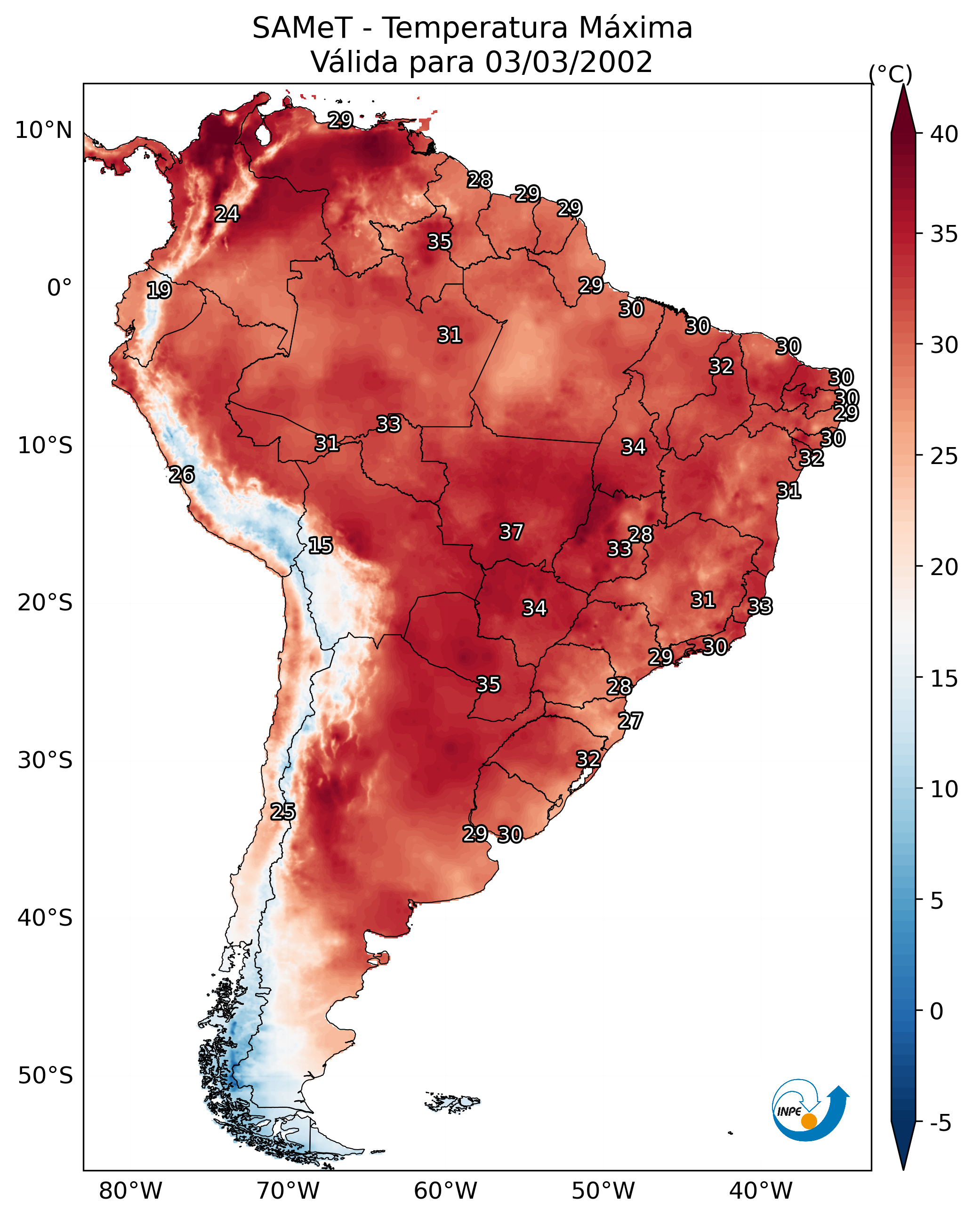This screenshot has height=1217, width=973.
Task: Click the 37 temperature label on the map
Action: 511,532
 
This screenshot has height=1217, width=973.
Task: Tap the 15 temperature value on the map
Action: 320,545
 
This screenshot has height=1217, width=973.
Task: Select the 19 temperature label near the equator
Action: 159,290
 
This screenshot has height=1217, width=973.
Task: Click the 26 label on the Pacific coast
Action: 182,475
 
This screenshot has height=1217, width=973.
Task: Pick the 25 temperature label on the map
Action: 282,812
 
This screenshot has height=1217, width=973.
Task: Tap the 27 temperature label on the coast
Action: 630,721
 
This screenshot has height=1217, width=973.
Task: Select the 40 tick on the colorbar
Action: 944,134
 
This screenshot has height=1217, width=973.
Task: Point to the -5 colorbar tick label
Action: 940,1123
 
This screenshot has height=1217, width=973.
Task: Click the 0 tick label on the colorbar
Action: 936,1011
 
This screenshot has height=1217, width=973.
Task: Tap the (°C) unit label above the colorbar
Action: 890,73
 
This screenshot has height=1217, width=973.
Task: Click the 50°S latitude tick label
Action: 45,1076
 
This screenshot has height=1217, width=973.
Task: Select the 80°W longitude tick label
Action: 130,1191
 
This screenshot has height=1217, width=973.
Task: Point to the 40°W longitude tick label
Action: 761,1191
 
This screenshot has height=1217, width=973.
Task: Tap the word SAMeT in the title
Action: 302,28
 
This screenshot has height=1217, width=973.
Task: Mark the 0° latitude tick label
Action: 59,288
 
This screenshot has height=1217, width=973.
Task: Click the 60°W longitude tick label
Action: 446,1191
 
